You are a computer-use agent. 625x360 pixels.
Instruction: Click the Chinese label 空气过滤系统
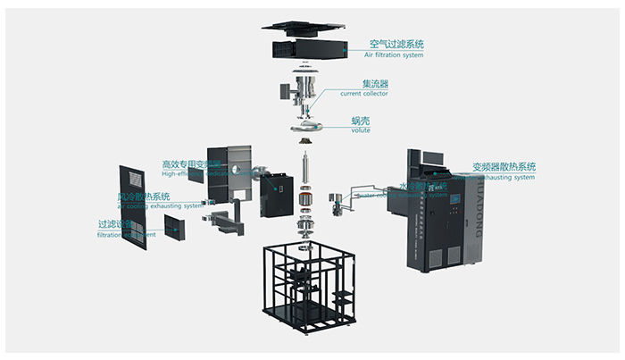pos(396,43)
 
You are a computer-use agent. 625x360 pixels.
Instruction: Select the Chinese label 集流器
pos(362,83)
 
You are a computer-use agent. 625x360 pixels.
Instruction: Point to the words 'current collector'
pos(365,94)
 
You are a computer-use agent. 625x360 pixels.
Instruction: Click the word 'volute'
pos(361,130)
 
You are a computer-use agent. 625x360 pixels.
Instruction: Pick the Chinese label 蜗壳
pos(361,120)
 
